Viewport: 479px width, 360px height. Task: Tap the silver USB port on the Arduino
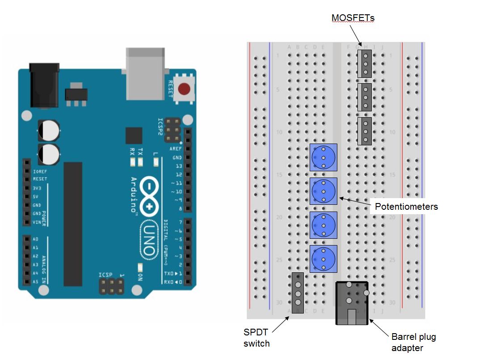tap(145, 74)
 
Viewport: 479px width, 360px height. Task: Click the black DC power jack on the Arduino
tap(44, 85)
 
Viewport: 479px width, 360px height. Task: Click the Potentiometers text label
tap(406, 207)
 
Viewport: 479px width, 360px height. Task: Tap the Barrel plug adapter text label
tap(413, 342)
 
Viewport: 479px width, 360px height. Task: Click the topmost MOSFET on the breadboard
tap(365, 64)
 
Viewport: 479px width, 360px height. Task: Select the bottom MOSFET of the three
tap(365, 131)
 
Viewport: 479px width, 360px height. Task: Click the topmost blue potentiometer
tap(323, 157)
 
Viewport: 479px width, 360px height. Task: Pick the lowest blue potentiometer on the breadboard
tap(323, 259)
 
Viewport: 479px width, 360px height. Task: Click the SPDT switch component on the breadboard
tap(298, 293)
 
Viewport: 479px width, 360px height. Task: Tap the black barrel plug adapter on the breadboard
tap(352, 303)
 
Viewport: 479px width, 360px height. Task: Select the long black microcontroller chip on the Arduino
tap(73, 224)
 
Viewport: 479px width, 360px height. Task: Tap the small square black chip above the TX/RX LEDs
tap(134, 136)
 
